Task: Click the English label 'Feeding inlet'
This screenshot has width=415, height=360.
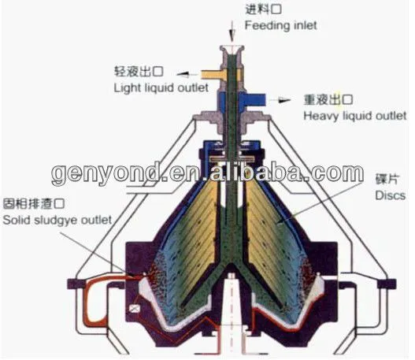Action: (x=280, y=26)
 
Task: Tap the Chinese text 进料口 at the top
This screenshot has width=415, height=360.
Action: (x=263, y=9)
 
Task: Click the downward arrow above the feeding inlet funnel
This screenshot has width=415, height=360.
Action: (x=232, y=32)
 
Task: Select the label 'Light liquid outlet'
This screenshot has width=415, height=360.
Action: (x=161, y=88)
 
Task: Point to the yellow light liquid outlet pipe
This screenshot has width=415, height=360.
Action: (x=213, y=74)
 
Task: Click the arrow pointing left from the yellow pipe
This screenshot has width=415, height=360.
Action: (x=187, y=74)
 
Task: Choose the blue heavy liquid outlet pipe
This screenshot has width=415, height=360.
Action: (x=252, y=99)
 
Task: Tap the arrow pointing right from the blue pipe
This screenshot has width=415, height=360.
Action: (x=280, y=100)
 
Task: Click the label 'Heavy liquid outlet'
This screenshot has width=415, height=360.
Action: (x=354, y=116)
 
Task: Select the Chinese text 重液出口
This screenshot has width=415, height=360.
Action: (x=328, y=100)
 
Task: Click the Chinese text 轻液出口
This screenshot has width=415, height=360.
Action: (x=139, y=72)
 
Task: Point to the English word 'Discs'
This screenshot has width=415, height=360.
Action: (x=391, y=195)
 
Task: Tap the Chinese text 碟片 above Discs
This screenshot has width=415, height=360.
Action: (x=387, y=179)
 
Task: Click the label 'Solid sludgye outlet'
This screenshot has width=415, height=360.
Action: (x=57, y=220)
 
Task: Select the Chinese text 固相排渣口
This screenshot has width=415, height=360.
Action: (x=34, y=203)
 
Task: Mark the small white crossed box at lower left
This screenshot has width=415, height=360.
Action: (x=135, y=309)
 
